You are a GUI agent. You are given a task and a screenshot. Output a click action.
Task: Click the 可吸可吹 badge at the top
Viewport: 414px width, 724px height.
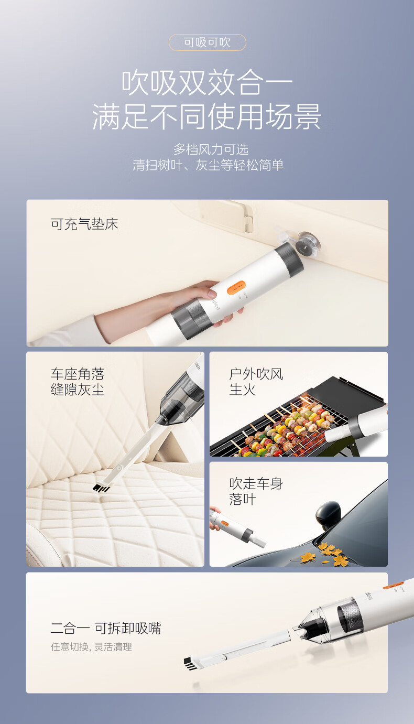[207, 42]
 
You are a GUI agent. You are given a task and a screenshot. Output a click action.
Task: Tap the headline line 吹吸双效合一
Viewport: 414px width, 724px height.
[207, 83]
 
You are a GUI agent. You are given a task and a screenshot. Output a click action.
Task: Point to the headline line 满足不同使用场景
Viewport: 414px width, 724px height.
[207, 116]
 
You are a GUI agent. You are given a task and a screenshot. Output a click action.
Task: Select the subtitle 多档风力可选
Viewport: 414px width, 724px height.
[211, 149]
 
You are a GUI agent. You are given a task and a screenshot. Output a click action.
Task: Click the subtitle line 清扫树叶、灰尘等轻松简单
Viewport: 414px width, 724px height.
[208, 165]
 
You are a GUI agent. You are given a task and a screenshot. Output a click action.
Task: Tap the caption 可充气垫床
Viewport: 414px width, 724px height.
[84, 224]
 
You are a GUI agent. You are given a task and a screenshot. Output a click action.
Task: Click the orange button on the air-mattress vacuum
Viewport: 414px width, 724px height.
[236, 287]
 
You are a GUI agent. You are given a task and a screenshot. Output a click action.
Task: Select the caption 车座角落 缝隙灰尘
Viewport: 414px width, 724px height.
[78, 381]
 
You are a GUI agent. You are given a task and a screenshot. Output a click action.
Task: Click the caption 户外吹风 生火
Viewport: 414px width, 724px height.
[256, 381]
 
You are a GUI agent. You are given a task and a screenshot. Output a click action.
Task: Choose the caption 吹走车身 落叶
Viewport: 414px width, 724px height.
[256, 491]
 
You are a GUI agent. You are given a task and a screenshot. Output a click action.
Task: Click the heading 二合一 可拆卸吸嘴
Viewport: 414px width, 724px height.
[106, 628]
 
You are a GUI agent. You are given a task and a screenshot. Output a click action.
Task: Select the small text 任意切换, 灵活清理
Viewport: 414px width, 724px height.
[92, 647]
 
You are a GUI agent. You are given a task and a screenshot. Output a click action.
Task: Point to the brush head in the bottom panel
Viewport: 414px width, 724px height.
[191, 664]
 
